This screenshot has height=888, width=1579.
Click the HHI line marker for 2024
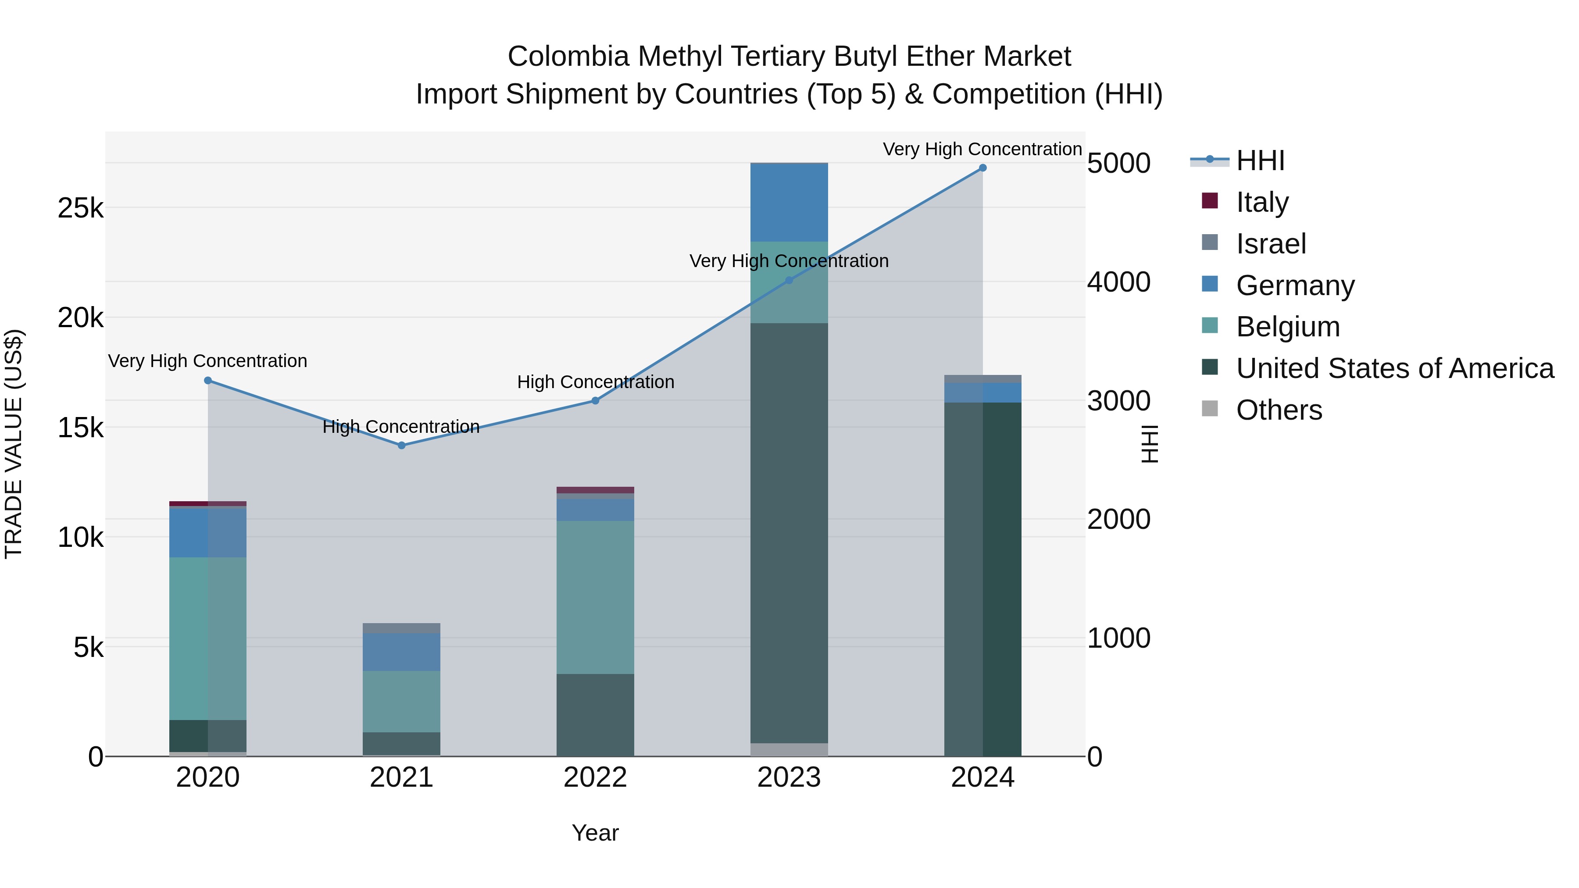tap(982, 168)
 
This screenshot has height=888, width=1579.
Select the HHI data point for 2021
tap(401, 446)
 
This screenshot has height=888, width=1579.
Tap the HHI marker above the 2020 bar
tap(208, 381)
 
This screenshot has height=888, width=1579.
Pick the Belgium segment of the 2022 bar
tap(595, 598)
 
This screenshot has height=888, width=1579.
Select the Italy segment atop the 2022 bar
tap(595, 490)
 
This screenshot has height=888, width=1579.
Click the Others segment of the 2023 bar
tap(789, 749)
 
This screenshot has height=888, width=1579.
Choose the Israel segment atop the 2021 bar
tap(401, 628)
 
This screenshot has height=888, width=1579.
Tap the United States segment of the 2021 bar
tap(401, 744)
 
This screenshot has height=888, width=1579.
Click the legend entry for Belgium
tap(1287, 327)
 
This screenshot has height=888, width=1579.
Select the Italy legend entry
tap(1262, 202)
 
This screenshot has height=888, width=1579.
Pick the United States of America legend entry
tap(1394, 368)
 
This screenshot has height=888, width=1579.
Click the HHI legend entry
tap(1260, 160)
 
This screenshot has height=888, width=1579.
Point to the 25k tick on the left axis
tap(81, 208)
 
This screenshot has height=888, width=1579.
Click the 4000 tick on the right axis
tap(1118, 282)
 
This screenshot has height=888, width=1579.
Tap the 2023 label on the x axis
tap(789, 777)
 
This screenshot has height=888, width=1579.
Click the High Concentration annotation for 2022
tap(595, 382)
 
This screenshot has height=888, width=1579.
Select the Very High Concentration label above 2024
tap(982, 149)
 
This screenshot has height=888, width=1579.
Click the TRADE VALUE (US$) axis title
tap(14, 444)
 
